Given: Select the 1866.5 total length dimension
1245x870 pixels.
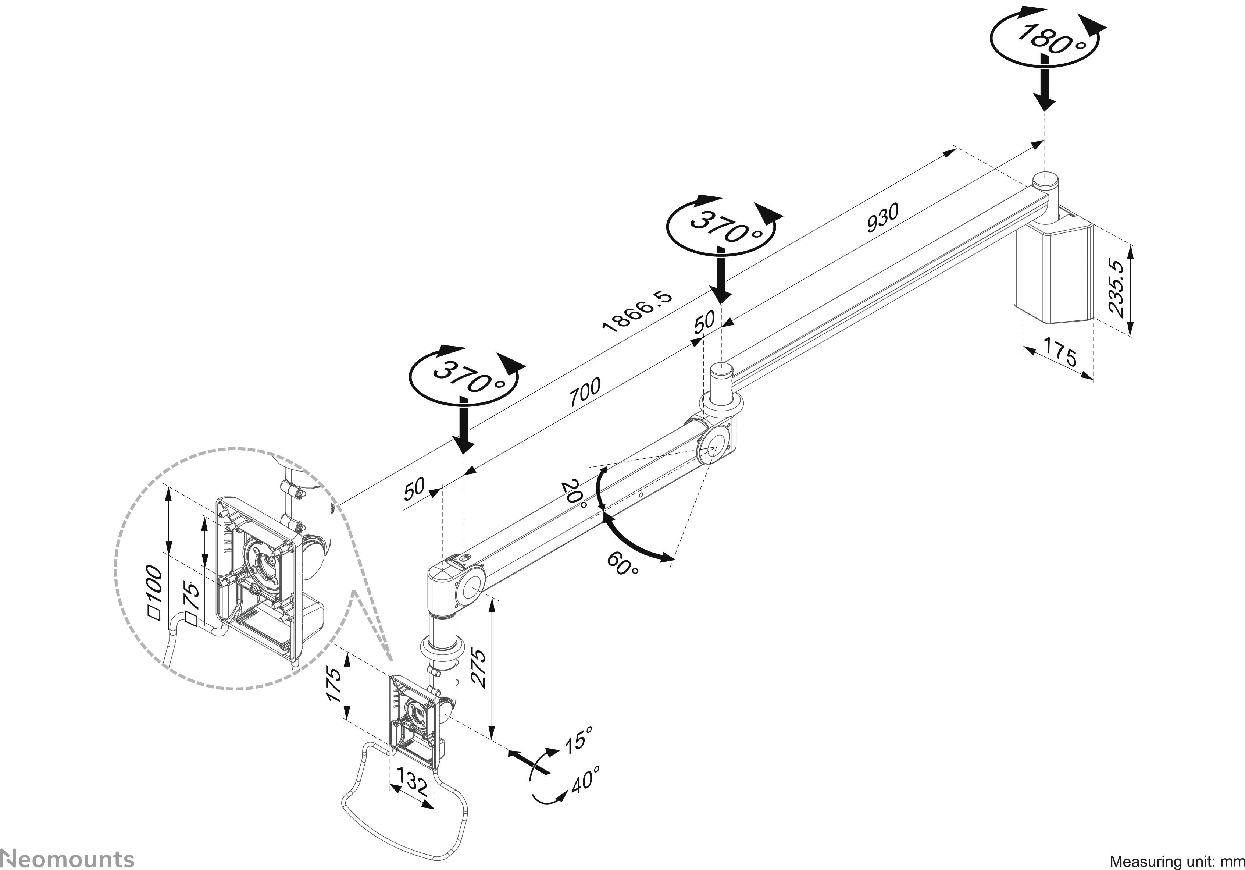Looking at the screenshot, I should point(638,311).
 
